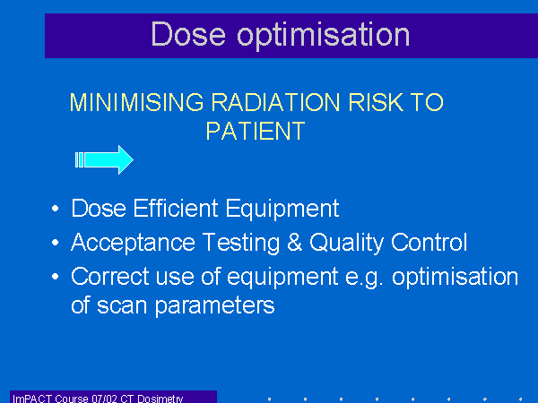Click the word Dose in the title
[188, 34]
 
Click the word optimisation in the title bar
[324, 36]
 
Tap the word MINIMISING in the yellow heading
[136, 102]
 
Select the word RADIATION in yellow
[275, 102]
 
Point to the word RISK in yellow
[375, 102]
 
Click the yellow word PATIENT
[256, 131]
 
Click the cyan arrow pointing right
[104, 159]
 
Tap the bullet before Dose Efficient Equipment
[55, 209]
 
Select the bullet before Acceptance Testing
[55, 243]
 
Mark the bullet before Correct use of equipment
[55, 277]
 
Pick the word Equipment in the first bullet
[282, 209]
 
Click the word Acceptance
[133, 243]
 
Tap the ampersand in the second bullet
[294, 242]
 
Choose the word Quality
[346, 243]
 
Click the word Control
[429, 242]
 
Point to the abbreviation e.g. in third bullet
[364, 278]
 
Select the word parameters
[215, 306]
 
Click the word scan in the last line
[122, 306]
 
